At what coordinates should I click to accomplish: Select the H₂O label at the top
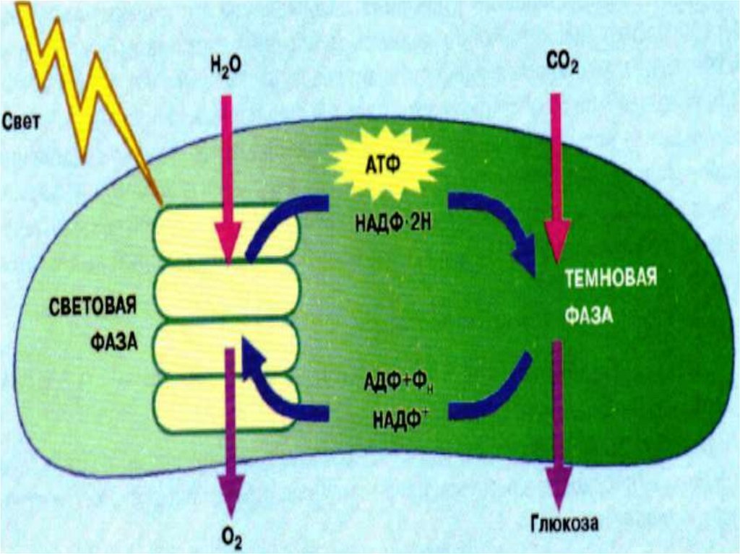(x=226, y=66)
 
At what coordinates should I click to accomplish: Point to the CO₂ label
(x=562, y=66)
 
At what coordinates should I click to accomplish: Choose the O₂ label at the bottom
(x=232, y=539)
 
